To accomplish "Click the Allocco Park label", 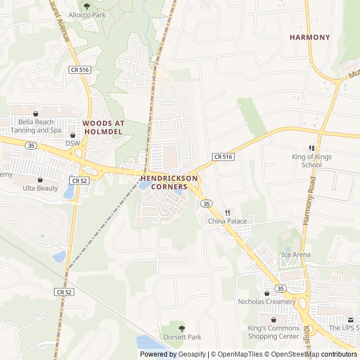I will click(x=87, y=15).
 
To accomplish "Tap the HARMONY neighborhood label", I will click(x=310, y=37).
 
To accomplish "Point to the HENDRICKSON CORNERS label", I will click(x=169, y=182).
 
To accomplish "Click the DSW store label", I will click(x=73, y=143).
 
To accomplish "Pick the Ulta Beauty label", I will click(x=40, y=188).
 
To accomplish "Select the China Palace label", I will click(x=227, y=221).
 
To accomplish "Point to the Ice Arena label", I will click(x=296, y=255).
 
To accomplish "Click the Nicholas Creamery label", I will click(x=267, y=301).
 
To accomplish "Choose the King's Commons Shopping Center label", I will click(x=274, y=332).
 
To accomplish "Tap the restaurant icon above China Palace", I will click(x=227, y=213).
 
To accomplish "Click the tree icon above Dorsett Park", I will click(x=181, y=328).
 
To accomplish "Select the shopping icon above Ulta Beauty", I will click(x=40, y=179).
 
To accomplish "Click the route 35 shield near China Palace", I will click(x=206, y=203).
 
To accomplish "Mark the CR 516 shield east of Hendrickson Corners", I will click(x=223, y=156).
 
